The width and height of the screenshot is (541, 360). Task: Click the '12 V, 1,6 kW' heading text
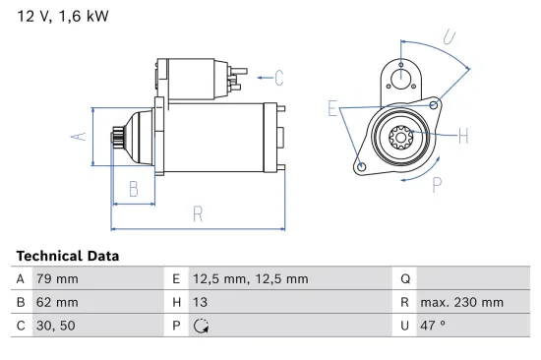(62, 17)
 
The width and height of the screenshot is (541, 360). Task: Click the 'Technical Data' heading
(68, 256)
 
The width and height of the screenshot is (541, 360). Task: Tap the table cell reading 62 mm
(57, 303)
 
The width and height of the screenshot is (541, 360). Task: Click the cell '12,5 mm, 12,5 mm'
(250, 279)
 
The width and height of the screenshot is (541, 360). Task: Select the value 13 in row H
(201, 303)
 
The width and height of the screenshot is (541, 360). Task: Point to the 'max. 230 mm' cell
(461, 303)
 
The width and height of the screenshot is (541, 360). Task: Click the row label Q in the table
(404, 279)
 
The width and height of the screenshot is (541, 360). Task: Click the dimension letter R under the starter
(198, 212)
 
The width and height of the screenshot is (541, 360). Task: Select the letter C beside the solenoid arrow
(279, 77)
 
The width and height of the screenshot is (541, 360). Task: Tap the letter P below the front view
(436, 182)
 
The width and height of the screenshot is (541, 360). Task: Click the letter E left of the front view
(333, 109)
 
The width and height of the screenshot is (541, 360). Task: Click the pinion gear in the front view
(401, 136)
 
